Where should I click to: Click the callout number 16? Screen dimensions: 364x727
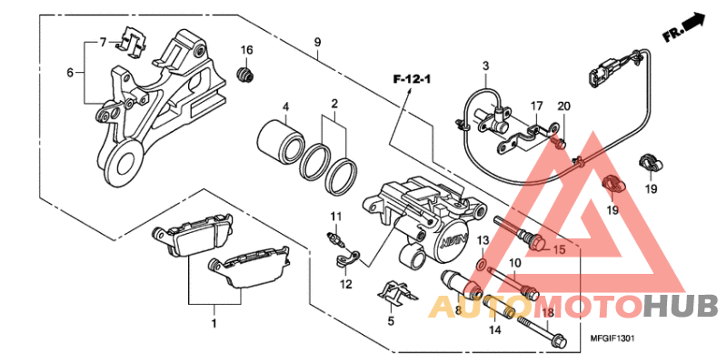(246, 49)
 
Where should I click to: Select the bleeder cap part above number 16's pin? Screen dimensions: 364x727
(244, 74)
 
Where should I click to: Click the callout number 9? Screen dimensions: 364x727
(318, 42)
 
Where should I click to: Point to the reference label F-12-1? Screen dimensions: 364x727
(411, 81)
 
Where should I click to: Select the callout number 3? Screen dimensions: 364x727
(486, 66)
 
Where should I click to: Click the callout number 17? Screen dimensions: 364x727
(537, 107)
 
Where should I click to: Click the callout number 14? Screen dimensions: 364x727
(494, 329)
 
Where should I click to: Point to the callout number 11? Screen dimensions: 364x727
(334, 216)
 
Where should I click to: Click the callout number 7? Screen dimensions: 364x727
(104, 41)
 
